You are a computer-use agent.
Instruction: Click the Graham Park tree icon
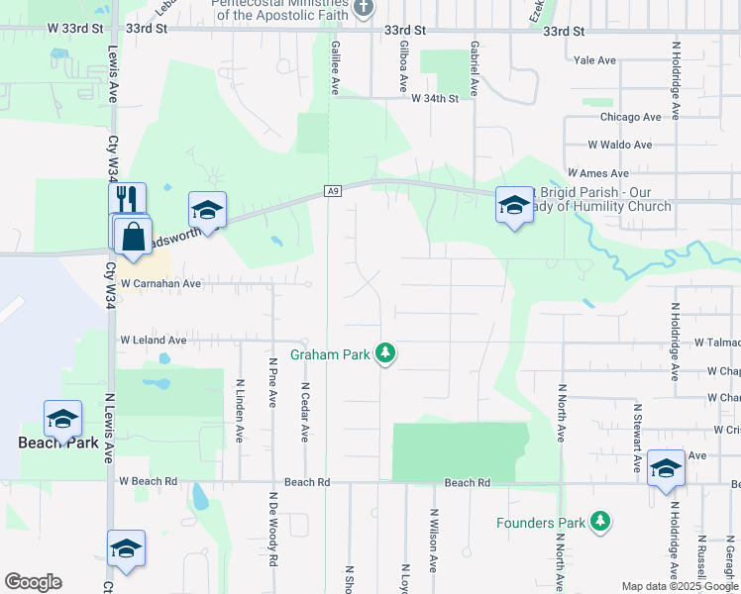point(386,353)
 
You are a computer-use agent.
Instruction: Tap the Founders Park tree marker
point(598,521)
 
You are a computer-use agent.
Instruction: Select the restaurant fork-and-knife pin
point(128,197)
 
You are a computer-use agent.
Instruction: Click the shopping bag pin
point(132,238)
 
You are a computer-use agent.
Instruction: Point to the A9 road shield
point(333,191)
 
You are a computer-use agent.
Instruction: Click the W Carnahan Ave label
point(161,283)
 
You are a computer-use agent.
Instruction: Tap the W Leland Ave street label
point(153,340)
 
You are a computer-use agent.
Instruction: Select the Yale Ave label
point(594,60)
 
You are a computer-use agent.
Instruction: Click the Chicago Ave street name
point(630,117)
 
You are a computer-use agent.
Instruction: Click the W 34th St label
point(436,98)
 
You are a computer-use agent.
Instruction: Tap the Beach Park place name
point(58,443)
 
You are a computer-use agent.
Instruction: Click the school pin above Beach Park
point(61,419)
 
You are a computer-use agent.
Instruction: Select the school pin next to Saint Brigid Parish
point(513,205)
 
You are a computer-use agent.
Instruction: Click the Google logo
point(33,582)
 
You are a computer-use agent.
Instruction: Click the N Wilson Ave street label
point(433,542)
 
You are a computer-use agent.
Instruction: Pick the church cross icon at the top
point(363,8)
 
